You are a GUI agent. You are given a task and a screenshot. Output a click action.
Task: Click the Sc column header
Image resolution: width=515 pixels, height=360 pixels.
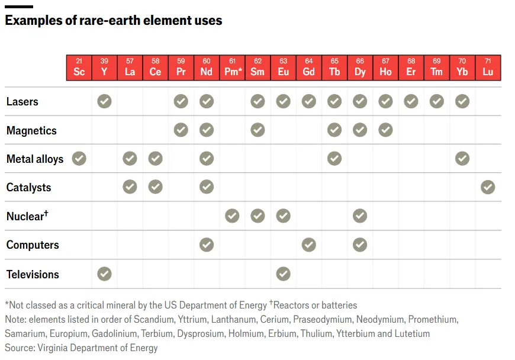click(79, 67)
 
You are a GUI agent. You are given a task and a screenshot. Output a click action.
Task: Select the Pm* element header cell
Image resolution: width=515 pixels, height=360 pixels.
click(232, 67)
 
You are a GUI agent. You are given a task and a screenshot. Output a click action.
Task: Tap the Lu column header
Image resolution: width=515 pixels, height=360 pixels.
click(488, 67)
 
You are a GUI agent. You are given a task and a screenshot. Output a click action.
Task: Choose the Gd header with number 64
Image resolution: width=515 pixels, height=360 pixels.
click(309, 67)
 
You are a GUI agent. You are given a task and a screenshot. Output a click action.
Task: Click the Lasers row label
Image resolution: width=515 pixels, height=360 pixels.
click(22, 102)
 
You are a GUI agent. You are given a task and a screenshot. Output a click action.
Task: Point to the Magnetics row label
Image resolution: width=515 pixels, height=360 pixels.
click(31, 131)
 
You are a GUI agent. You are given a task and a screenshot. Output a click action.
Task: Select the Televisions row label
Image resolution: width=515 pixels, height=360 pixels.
click(33, 274)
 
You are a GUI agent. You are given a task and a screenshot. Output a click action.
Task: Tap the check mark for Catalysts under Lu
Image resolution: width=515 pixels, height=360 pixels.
click(488, 187)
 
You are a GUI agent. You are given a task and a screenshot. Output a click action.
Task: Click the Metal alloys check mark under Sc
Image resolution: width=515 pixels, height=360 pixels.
click(79, 158)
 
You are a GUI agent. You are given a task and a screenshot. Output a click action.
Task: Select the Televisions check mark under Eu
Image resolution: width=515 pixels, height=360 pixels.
click(284, 274)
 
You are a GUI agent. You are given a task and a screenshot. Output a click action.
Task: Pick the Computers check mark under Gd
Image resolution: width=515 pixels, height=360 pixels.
click(309, 245)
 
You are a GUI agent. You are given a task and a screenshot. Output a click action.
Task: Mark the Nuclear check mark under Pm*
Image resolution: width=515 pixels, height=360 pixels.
click(232, 216)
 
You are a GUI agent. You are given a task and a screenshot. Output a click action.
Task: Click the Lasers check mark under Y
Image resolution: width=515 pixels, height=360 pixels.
click(104, 101)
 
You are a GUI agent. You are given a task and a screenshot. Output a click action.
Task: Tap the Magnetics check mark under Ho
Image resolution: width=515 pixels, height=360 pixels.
click(385, 130)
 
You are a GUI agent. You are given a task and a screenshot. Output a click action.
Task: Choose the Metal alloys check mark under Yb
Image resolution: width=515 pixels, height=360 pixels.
click(462, 158)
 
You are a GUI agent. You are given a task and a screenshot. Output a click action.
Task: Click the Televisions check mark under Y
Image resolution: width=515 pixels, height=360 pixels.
click(104, 274)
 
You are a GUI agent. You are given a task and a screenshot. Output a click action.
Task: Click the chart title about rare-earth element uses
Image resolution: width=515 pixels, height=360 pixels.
click(114, 20)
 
